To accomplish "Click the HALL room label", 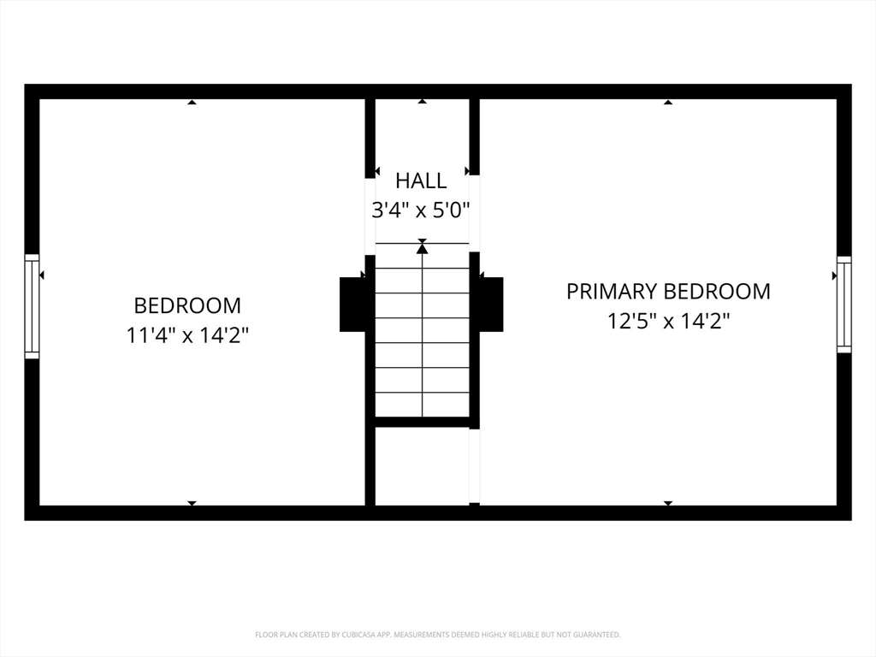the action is tap(421, 181).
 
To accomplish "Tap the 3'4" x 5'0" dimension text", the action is tap(421, 210).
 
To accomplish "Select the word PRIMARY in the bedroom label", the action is tap(612, 291).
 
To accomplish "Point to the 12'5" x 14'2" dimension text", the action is tap(669, 322).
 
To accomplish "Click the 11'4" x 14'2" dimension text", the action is tap(187, 335).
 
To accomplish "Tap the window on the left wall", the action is tap(32, 306).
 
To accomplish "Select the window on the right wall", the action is tap(844, 305).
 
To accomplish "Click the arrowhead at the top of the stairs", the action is tap(423, 247).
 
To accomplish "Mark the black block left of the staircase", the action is tap(352, 305).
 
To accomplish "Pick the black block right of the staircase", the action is tap(491, 305).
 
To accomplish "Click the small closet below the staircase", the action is tap(422, 466).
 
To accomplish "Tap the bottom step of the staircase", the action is tap(422, 405).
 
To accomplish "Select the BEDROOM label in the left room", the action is tap(187, 305).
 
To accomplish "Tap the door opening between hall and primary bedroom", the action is tap(474, 213).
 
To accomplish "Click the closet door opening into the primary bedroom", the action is tap(474, 466).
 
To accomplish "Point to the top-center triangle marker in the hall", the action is tap(423, 102).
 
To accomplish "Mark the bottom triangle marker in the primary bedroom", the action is tap(668, 503).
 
